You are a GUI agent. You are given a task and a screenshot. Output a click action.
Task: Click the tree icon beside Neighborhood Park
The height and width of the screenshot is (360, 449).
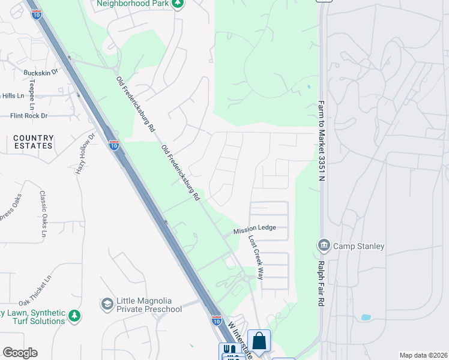(177, 4)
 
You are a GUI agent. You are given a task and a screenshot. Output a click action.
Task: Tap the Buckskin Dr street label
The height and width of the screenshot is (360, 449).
(41, 72)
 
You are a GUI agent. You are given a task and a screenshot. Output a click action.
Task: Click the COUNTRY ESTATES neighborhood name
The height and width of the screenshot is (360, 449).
(34, 142)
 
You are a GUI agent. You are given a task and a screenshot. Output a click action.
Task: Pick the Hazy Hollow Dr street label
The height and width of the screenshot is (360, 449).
(86, 154)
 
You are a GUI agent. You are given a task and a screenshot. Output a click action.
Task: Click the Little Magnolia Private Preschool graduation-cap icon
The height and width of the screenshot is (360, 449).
(107, 305)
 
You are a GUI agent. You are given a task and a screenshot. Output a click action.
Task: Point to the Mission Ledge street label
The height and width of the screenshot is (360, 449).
(255, 229)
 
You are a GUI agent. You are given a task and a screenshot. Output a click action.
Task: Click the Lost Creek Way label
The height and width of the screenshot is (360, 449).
(256, 256)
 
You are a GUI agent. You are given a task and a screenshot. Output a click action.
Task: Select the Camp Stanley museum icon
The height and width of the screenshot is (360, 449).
(323, 245)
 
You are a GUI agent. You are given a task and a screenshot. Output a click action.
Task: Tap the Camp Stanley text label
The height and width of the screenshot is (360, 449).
(359, 246)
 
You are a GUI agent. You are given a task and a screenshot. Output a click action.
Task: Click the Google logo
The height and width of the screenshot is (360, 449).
(20, 353)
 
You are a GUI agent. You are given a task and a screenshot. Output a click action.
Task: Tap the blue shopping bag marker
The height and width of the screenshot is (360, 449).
(259, 341)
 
